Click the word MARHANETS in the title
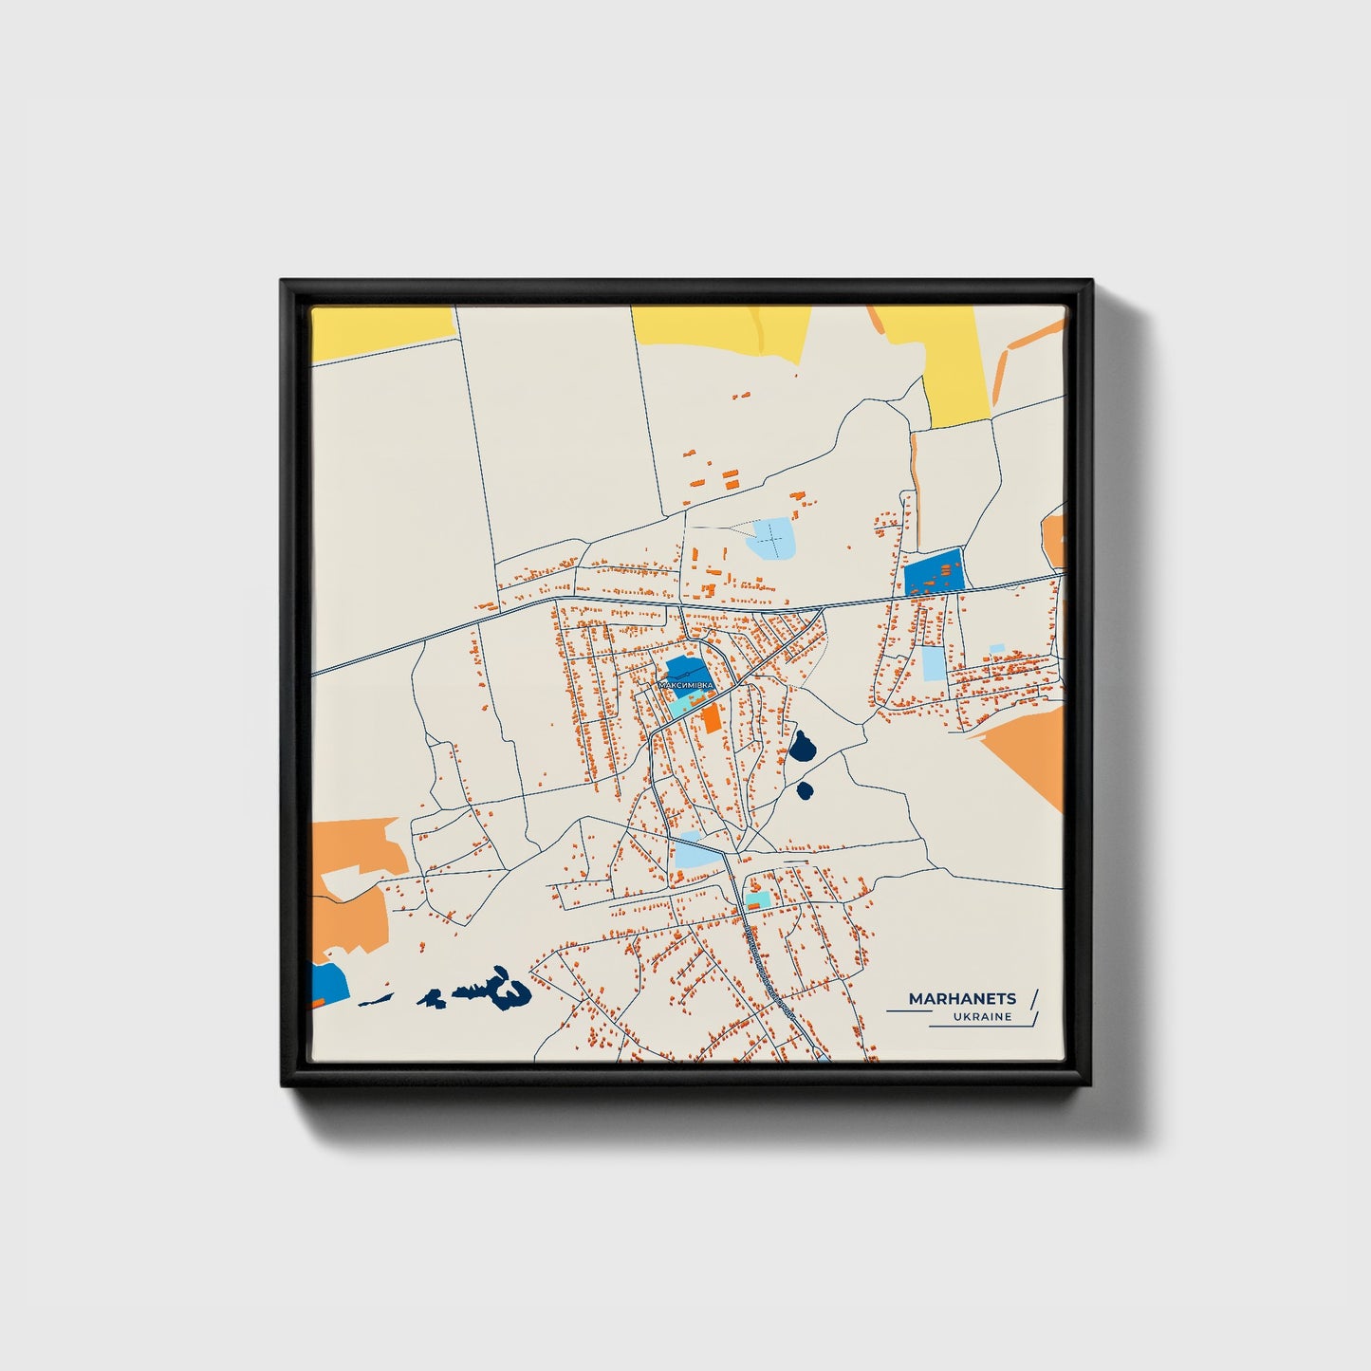pos(962,998)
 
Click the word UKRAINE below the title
pos(983,1017)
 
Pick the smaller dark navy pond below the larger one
pos(806,789)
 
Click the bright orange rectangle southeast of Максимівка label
pos(711,717)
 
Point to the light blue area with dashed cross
pos(772,539)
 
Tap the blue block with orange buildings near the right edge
pos(934,573)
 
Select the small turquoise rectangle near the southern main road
pos(756,899)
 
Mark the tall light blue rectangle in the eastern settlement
pos(934,663)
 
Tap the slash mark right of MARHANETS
pos(1033,998)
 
